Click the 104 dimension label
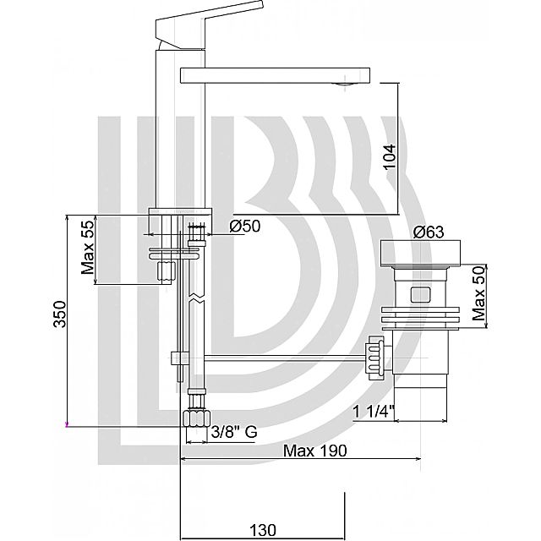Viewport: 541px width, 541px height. click(x=391, y=156)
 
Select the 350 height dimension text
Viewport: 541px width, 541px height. click(x=59, y=314)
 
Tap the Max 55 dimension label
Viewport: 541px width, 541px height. click(x=88, y=248)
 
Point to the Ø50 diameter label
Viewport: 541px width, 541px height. click(x=245, y=227)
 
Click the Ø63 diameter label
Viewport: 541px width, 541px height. click(x=429, y=232)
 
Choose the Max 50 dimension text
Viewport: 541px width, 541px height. click(x=479, y=294)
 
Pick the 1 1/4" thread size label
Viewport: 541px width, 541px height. click(x=374, y=412)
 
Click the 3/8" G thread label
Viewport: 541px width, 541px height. click(x=234, y=431)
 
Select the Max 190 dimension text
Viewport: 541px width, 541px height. click(x=314, y=451)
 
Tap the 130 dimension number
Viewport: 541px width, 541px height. click(x=263, y=530)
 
